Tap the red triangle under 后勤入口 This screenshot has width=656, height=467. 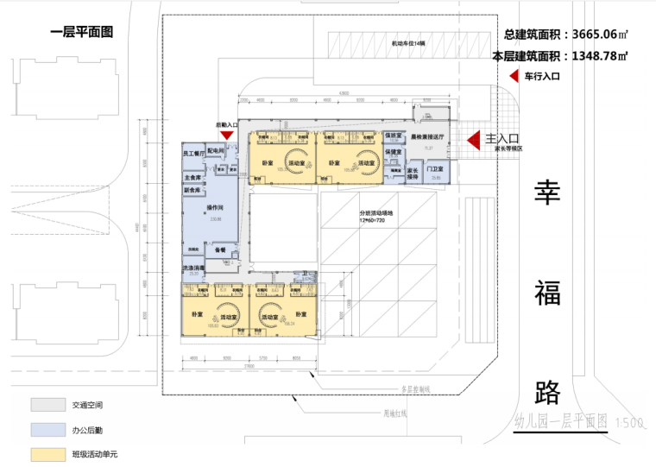[x=226, y=135]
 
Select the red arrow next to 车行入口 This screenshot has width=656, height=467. [x=514, y=76]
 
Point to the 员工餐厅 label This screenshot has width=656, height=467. [x=192, y=154]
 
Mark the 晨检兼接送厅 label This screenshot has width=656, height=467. [x=426, y=136]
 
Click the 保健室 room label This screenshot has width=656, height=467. [x=393, y=152]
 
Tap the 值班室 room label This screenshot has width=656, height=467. [x=393, y=136]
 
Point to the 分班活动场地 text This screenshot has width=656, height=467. [x=376, y=213]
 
